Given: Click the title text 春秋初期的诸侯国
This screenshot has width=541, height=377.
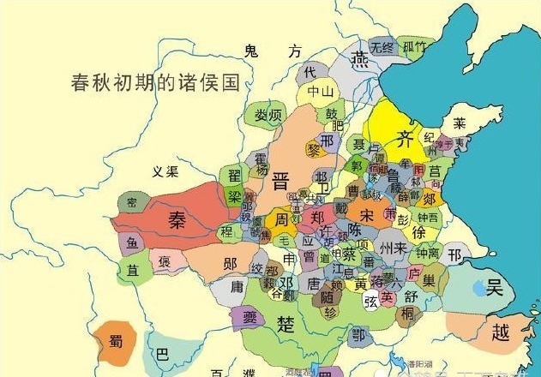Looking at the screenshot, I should click(x=153, y=84).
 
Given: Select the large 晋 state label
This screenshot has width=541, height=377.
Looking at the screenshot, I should click(x=280, y=183).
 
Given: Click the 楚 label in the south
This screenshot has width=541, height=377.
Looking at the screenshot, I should click(x=287, y=323).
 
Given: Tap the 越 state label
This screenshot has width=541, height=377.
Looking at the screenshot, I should click(x=500, y=333).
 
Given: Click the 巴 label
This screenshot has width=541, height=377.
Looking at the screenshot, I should click(x=163, y=352).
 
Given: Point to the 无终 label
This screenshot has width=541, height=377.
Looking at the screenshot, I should click(x=381, y=46).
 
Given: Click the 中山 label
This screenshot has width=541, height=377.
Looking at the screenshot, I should click(x=320, y=91).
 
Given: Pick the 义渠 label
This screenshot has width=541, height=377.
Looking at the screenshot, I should click(x=165, y=172).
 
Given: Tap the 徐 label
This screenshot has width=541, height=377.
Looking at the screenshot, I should click(x=418, y=233).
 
